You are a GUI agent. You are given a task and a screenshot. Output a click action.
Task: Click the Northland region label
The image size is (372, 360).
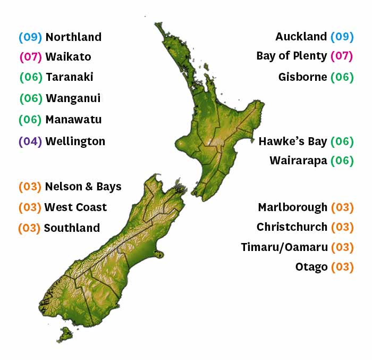pos(73,37)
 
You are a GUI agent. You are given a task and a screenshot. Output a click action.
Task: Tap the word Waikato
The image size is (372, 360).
pos(68,57)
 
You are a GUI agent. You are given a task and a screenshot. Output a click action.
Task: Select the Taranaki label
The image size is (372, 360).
pos(69,77)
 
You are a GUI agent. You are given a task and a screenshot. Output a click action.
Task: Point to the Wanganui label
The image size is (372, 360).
pos(73,98)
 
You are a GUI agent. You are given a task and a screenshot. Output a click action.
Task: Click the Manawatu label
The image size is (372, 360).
pos(73,120)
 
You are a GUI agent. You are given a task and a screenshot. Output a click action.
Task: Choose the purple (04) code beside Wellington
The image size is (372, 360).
pos(30,141)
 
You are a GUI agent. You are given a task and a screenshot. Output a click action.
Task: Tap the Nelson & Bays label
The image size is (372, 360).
pos(83,187)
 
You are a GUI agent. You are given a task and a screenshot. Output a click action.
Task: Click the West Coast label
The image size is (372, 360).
pos(75,207)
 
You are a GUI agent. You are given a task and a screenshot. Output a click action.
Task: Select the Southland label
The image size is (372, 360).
pos(72,228)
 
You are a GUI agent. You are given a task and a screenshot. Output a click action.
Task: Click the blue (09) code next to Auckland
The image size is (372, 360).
pos(342,37)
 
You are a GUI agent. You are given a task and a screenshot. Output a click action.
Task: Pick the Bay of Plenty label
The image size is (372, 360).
pos(291,56)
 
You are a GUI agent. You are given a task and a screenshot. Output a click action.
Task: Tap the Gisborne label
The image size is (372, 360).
pos(302,77)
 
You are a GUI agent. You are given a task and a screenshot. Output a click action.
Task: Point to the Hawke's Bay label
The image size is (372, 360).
pos(292,141)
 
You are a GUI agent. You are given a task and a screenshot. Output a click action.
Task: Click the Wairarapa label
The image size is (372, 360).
pos(298,161)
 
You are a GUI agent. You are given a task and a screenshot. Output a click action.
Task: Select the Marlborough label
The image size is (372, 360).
pos(292,207)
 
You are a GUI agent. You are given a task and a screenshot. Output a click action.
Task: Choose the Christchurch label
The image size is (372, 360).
pos(292,227)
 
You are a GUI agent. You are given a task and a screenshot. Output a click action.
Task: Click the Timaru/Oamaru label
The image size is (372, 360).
pos(284,247)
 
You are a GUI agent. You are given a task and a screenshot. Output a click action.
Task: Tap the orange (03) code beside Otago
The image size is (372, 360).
pos(342,267)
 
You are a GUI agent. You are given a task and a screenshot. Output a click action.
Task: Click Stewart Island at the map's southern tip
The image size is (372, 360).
pos(66,334)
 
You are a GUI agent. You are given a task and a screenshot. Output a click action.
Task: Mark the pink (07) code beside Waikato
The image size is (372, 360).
pos(30,57)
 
